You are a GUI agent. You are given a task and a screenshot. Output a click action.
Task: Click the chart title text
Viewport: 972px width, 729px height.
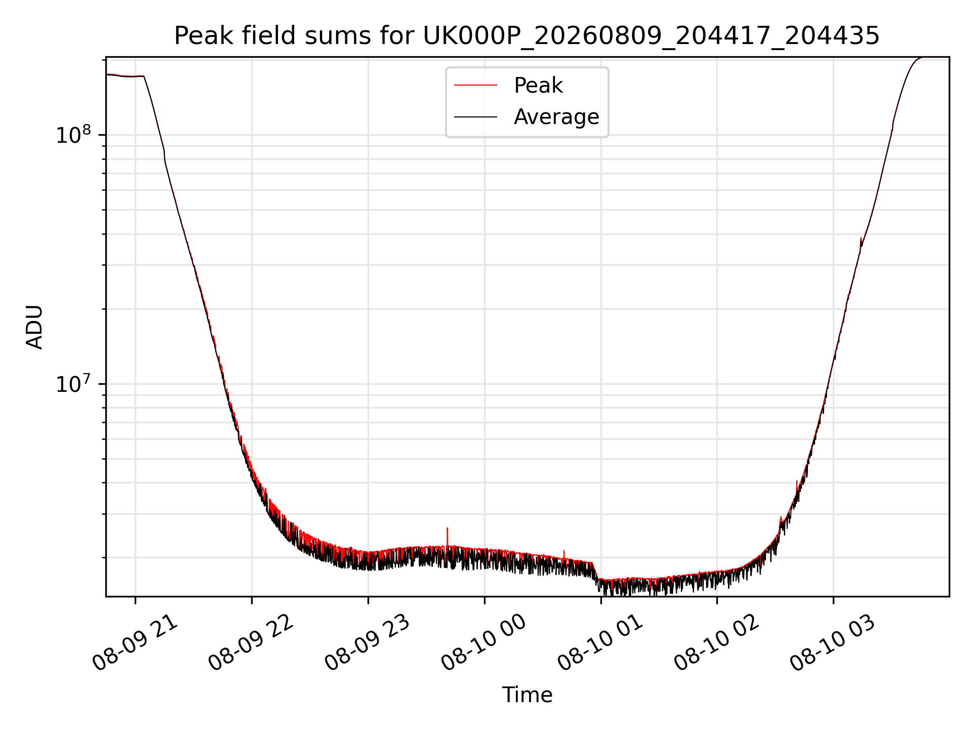(526, 36)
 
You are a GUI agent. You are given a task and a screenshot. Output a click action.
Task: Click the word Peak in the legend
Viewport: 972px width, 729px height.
(538, 86)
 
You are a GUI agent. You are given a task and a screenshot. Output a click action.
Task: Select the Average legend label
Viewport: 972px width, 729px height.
(556, 117)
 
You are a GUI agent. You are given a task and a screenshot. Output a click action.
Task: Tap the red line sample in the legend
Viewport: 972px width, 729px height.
(475, 86)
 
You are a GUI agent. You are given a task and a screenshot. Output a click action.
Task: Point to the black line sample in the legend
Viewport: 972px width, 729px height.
(475, 117)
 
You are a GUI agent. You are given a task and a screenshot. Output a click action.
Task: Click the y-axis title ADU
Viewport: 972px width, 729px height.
(34, 327)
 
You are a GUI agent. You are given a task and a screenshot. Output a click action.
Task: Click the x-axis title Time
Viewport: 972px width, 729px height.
(527, 695)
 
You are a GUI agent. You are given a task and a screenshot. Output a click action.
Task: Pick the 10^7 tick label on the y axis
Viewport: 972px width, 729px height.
(73, 383)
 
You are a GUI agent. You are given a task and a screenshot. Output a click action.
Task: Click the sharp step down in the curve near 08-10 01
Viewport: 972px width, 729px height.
(595, 571)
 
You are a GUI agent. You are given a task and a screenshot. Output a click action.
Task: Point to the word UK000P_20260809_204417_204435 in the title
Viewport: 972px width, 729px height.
(651, 36)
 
